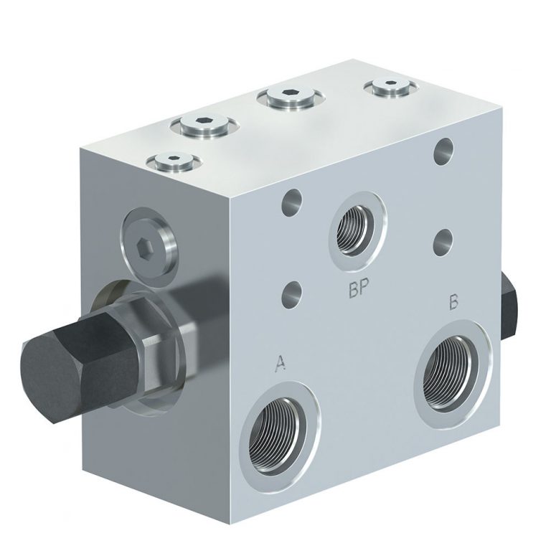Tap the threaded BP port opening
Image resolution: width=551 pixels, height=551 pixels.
click(357, 227)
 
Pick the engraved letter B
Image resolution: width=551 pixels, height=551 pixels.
click(453, 302)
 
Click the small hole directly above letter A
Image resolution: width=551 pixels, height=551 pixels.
click(291, 294)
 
